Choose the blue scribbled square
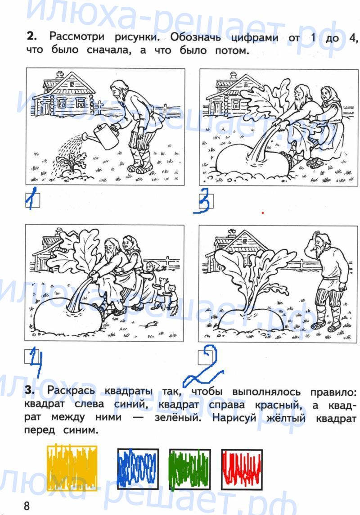pyautogui.click(x=138, y=468)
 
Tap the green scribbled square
pyautogui.click(x=190, y=468)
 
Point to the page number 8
pyautogui.click(x=27, y=506)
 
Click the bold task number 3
pyautogui.click(x=30, y=390)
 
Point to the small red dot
pyautogui.click(x=263, y=213)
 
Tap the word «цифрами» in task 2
pyautogui.click(x=254, y=38)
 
